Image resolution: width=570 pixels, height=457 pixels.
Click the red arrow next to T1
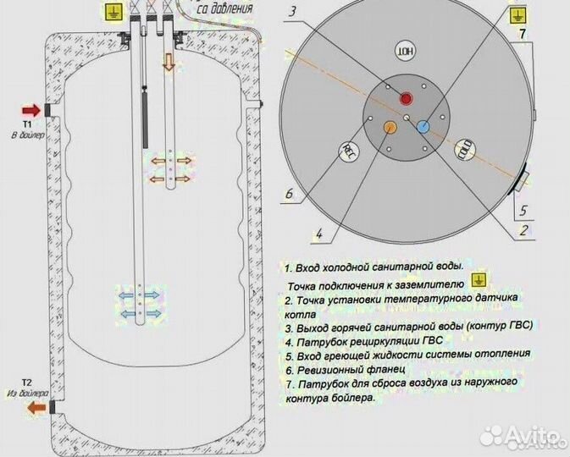click(30, 109)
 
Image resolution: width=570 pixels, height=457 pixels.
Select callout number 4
click(319, 233)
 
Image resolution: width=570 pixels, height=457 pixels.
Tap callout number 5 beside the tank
click(523, 211)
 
